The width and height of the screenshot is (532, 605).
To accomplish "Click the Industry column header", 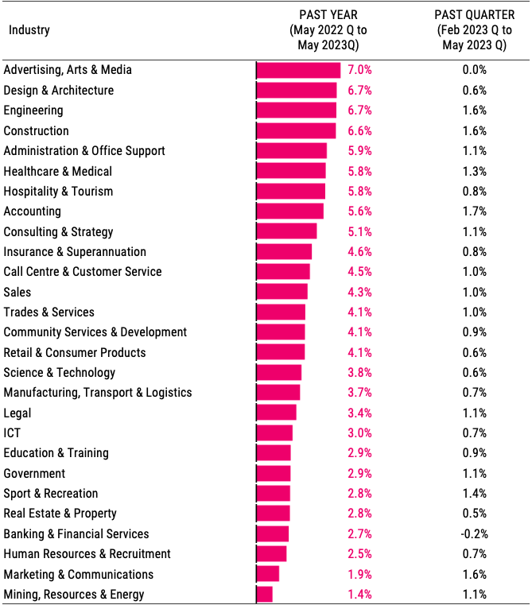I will (29, 30).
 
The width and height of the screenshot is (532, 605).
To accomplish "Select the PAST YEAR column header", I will (328, 30).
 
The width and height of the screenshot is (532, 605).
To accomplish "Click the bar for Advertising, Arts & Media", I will (298, 70).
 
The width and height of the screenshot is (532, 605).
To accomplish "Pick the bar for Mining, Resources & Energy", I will (265, 594).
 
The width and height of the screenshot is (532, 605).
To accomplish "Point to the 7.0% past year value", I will (359, 70).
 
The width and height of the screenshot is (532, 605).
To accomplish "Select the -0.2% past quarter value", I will (474, 533).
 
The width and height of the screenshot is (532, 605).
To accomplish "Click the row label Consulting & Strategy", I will (59, 231).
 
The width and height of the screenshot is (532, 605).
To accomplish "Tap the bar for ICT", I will (274, 432).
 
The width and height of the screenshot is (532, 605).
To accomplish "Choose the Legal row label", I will (17, 413).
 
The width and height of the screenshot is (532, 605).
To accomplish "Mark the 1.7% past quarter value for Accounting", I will (474, 211).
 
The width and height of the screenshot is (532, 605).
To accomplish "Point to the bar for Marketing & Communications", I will (268, 574).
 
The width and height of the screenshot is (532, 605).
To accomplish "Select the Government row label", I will (34, 473).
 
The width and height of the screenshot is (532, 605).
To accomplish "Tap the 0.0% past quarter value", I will (474, 70).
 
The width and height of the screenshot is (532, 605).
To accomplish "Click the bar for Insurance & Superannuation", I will (284, 252).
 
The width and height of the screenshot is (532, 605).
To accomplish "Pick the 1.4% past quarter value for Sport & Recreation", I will (474, 493).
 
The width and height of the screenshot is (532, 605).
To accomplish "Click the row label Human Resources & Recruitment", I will (87, 553).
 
